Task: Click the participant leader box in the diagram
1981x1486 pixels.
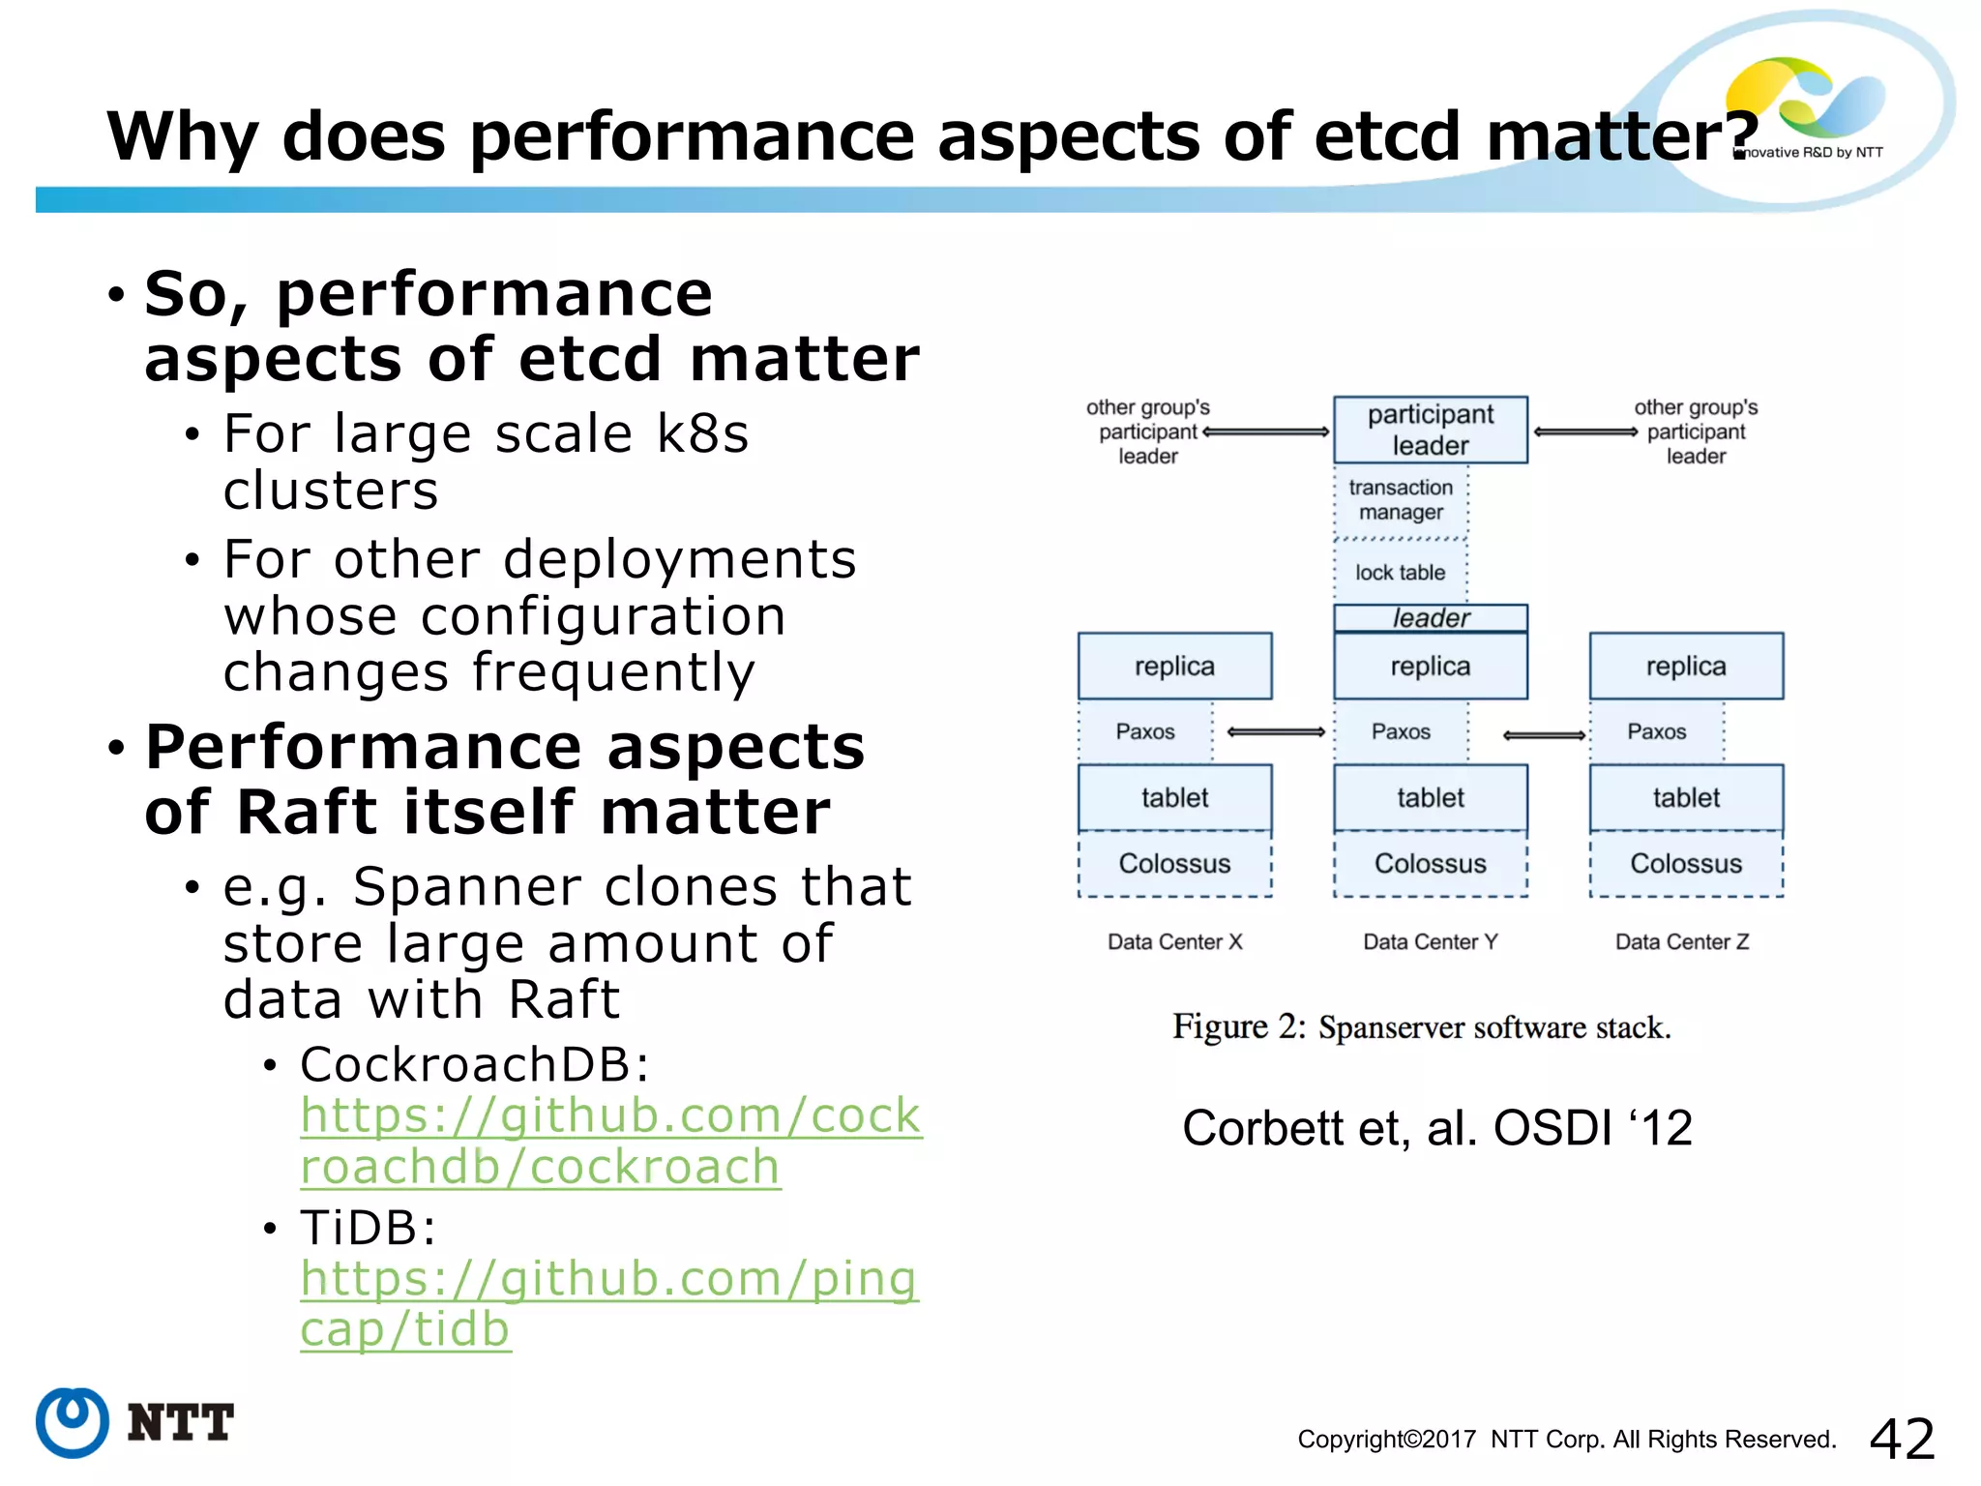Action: point(1430,430)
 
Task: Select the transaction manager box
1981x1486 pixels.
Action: point(1401,500)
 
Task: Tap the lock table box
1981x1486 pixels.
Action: point(1400,573)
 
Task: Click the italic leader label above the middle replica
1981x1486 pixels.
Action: point(1430,617)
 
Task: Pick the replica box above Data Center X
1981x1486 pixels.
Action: point(1174,666)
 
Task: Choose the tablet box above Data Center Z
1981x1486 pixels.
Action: point(1685,798)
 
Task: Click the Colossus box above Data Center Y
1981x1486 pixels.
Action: point(1430,863)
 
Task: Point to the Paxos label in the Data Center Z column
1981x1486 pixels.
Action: point(1656,731)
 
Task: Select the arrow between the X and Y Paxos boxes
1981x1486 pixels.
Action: point(1275,732)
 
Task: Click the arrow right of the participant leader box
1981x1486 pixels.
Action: point(1585,431)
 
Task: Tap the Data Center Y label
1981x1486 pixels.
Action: point(1430,941)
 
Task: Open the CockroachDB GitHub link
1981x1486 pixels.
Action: point(609,1141)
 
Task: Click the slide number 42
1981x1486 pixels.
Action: point(1902,1439)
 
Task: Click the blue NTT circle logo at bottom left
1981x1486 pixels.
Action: point(72,1422)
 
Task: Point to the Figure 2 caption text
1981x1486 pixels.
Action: point(1421,1026)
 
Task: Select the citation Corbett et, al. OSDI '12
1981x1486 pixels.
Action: point(1436,1128)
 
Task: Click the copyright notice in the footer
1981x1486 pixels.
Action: point(1566,1440)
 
